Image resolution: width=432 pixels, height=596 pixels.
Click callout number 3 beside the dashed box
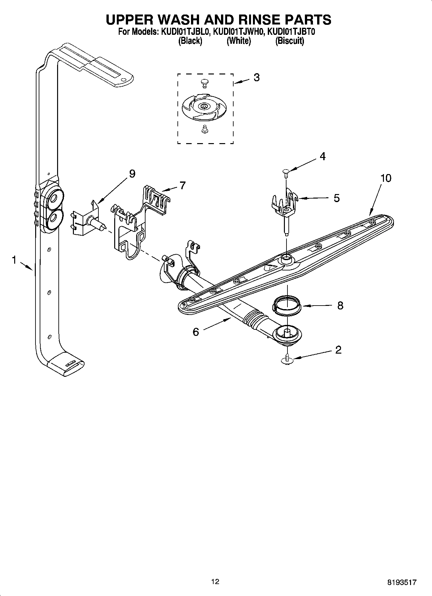[x=256, y=78]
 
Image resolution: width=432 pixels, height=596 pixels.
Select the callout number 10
[x=386, y=178]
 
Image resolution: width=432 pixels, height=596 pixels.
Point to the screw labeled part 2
[x=286, y=359]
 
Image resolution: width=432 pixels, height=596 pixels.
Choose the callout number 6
[x=196, y=332]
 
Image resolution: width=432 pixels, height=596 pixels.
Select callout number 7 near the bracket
[x=183, y=186]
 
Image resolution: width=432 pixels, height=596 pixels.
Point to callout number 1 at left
[x=14, y=260]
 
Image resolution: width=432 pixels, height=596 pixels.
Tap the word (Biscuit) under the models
[x=289, y=41]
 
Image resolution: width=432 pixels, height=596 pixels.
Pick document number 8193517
[x=402, y=582]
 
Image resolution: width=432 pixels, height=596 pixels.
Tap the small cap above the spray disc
[x=204, y=83]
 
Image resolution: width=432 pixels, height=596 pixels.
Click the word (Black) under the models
[x=190, y=41]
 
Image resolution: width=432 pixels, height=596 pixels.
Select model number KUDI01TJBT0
[x=289, y=32]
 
